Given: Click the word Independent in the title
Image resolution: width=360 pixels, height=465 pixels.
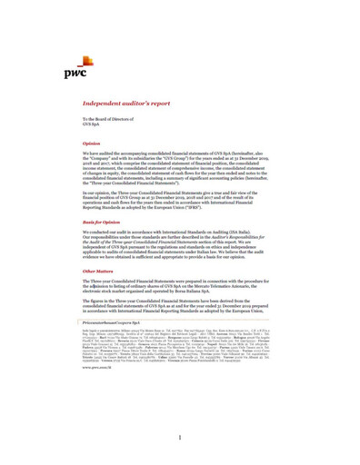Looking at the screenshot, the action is [103, 104].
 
